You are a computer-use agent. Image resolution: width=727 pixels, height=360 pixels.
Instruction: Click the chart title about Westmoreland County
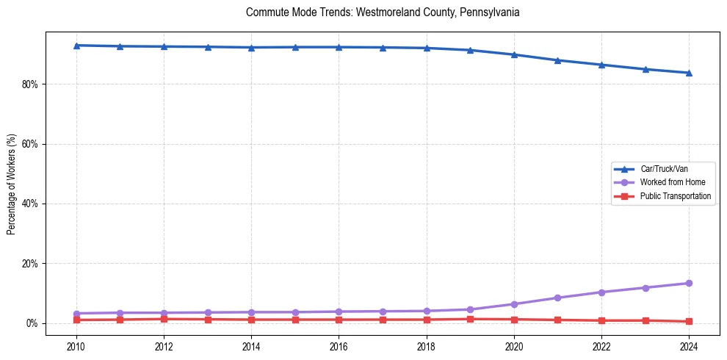(x=383, y=12)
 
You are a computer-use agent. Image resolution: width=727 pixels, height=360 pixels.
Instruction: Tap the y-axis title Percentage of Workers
(x=11, y=184)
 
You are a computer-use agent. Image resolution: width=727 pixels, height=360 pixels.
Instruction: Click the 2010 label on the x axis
(x=76, y=346)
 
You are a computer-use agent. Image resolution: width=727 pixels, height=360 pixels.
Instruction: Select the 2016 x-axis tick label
(x=339, y=346)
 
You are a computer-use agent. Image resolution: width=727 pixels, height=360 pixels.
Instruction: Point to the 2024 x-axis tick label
(x=689, y=346)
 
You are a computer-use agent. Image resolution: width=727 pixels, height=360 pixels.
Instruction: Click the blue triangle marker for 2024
(x=689, y=73)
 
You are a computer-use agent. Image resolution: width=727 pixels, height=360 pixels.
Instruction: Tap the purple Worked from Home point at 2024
(x=689, y=283)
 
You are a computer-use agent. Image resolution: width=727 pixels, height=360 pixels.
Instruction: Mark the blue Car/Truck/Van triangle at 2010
(x=76, y=46)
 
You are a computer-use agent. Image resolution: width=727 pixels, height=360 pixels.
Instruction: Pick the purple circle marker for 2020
(x=514, y=304)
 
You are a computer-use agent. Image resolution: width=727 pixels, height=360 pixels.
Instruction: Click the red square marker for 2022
(x=601, y=320)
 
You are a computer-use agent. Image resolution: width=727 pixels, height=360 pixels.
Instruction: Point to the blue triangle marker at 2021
(x=557, y=60)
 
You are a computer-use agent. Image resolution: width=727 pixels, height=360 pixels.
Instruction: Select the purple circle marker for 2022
(x=601, y=292)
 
